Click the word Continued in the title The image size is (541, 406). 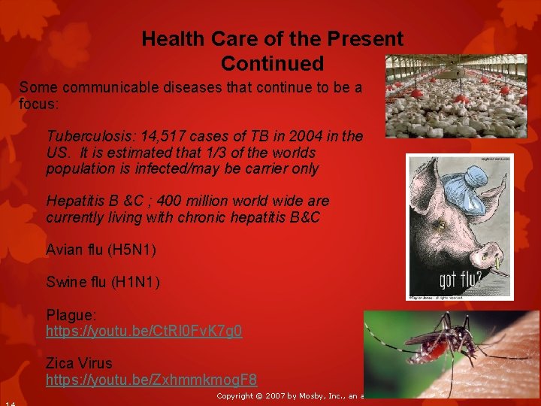pos(272,63)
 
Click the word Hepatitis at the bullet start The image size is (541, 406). pos(74,201)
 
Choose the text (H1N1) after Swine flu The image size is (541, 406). pos(134,282)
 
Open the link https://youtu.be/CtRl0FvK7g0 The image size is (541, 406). pos(144,331)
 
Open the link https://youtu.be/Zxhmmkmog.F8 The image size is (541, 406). pos(151,380)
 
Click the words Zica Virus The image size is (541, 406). pos(79,363)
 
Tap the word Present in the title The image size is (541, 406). pos(364,38)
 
